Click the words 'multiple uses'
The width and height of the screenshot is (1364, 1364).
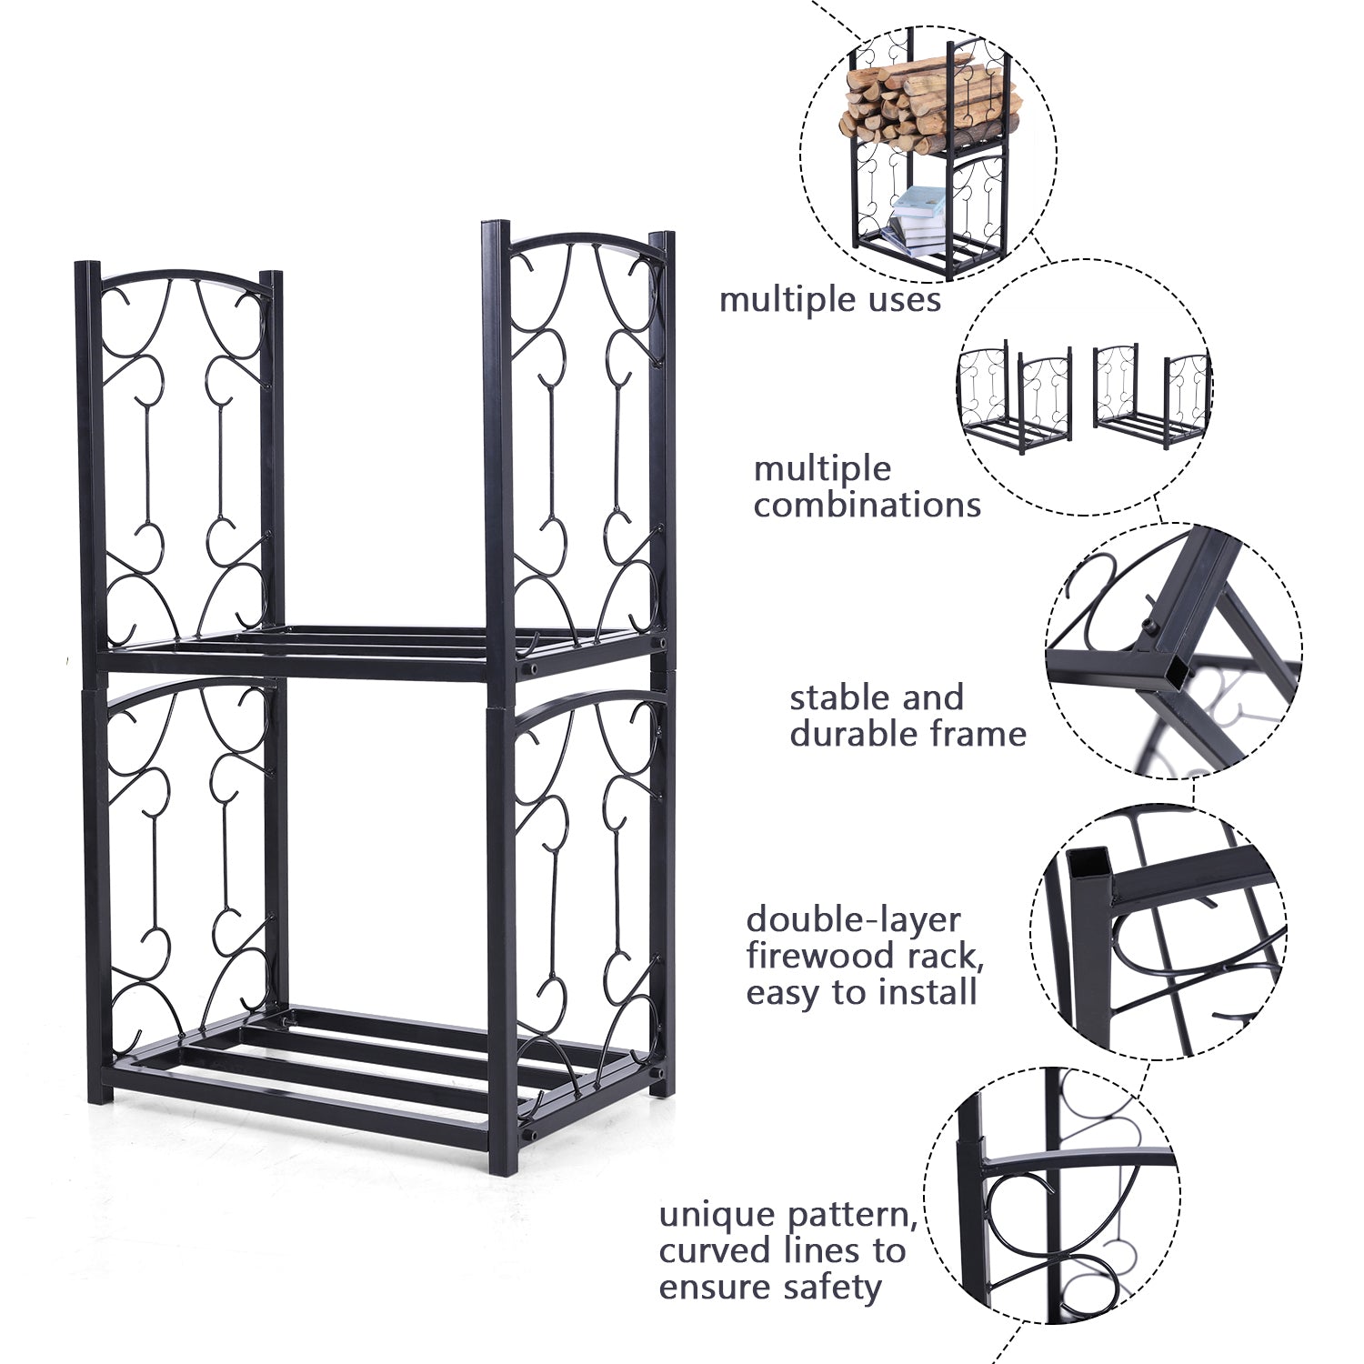tap(829, 299)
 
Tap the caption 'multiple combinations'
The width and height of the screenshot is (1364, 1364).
tap(867, 486)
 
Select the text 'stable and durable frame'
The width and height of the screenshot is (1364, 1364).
tap(908, 716)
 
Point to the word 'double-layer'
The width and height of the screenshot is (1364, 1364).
tap(853, 919)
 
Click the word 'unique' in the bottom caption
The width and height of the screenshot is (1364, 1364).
tap(719, 1216)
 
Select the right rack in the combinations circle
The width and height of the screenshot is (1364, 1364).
tap(1150, 392)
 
